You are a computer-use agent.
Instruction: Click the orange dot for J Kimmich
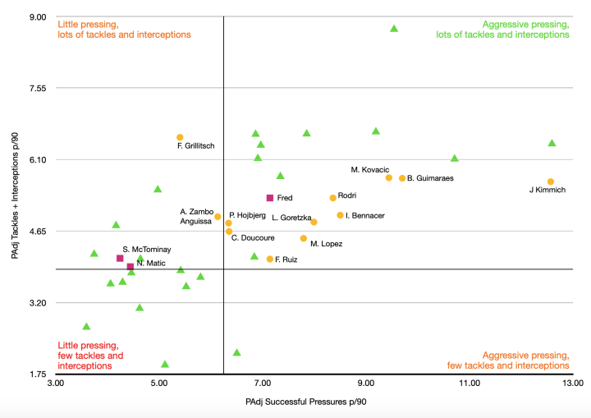point(551,181)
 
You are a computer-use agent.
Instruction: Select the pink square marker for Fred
point(270,198)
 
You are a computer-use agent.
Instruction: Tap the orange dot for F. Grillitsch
point(180,137)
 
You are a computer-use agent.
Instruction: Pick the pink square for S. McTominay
point(120,258)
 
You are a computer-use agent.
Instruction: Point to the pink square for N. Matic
point(131,266)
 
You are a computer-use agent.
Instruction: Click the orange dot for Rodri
point(332,198)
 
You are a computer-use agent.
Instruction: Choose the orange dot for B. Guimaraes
point(402,178)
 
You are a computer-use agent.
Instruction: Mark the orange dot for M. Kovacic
point(389,177)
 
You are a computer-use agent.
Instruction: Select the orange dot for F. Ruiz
point(270,259)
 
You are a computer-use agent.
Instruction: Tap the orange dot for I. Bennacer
point(340,215)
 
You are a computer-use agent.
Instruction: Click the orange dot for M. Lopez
point(303,238)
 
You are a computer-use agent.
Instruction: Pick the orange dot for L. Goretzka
point(314,222)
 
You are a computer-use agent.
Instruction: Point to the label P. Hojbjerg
point(247,215)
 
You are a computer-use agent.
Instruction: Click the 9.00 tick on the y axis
point(39,16)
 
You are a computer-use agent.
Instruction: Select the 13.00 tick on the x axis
point(572,383)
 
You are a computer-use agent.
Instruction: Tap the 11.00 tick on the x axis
point(469,383)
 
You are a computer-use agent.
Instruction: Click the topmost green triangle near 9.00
point(394,29)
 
